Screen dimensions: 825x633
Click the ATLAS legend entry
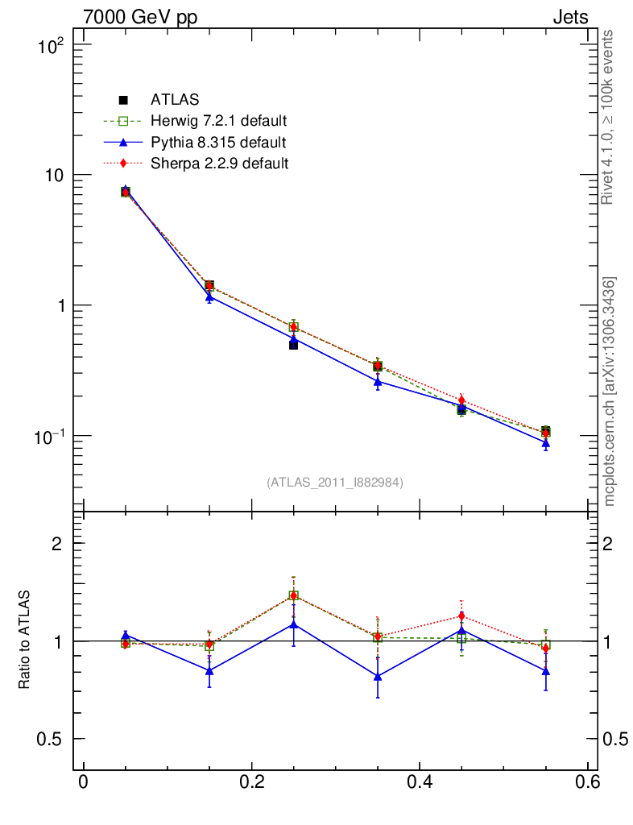pyautogui.click(x=174, y=100)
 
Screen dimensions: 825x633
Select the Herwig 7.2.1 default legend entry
pyautogui.click(x=218, y=121)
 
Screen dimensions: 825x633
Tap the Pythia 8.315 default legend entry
pyautogui.click(x=217, y=143)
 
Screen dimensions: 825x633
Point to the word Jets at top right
pyautogui.click(x=570, y=18)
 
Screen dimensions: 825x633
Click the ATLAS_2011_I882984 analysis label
pyautogui.click(x=335, y=482)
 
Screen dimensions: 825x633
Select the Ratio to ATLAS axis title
pyautogui.click(x=25, y=641)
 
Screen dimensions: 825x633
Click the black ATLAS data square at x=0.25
pyautogui.click(x=293, y=345)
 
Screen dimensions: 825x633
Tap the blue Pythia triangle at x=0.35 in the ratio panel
pyautogui.click(x=378, y=676)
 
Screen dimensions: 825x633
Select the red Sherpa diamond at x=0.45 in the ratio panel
pyautogui.click(x=461, y=617)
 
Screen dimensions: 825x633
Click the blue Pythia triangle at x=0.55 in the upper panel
pyautogui.click(x=545, y=443)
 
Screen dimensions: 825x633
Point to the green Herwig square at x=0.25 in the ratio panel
pyautogui.click(x=293, y=596)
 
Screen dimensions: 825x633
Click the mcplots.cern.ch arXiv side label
pyautogui.click(x=610, y=392)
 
